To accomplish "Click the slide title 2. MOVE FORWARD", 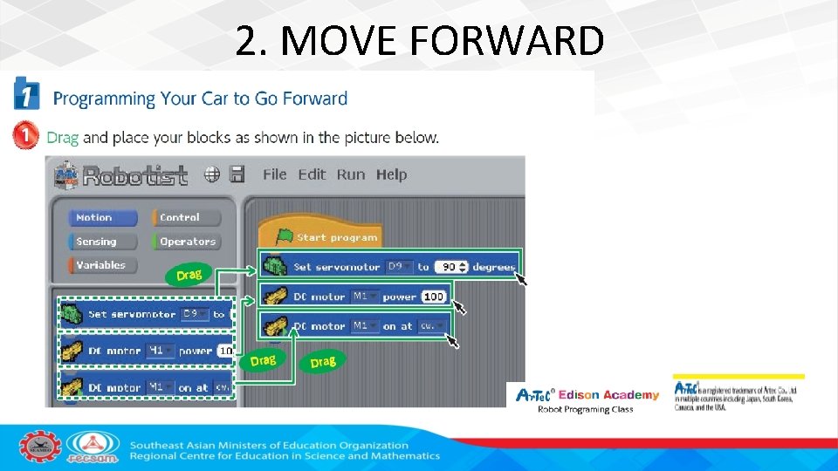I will coord(419,40).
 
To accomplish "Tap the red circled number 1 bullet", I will coord(26,136).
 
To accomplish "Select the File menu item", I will coord(274,174).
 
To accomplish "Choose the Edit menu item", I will coord(312,174).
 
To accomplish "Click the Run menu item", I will coord(351,174).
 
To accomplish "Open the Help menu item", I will coord(391,174).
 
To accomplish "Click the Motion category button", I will coord(103,218).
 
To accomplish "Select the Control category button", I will coord(185,218).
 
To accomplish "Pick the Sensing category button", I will coord(103,242).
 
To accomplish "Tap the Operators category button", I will coord(185,242).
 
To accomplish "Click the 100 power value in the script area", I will coord(434,297).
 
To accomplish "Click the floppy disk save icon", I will coord(237,174).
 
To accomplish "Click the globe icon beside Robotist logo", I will coord(212,174).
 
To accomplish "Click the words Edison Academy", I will coord(608,395).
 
